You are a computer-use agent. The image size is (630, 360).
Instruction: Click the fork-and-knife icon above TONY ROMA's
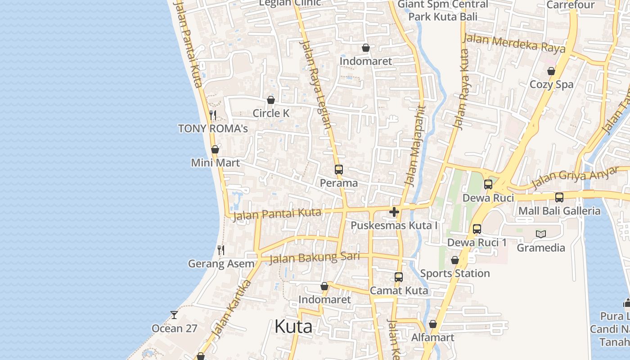[x=213, y=115]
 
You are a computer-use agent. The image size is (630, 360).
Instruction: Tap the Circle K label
[x=271, y=113]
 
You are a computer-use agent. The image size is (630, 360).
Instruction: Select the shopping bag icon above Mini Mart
[x=215, y=149]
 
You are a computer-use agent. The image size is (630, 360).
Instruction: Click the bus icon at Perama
[x=339, y=170]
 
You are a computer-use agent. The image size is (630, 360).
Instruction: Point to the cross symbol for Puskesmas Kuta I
[x=394, y=212]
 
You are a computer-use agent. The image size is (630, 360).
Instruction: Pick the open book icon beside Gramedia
[x=541, y=234]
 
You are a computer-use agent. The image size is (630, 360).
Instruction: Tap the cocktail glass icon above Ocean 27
[x=174, y=315]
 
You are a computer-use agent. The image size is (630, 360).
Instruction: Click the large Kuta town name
[x=293, y=327]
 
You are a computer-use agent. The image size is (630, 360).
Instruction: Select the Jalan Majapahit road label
[x=414, y=146]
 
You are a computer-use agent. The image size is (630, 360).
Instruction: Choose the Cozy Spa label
[x=551, y=85]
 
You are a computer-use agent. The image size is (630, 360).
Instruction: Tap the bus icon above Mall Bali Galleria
[x=559, y=197]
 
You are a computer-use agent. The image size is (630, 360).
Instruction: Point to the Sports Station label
[x=454, y=274]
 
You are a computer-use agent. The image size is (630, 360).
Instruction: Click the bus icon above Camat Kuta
[x=399, y=277]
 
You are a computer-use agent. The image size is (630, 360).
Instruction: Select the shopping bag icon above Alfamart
[x=433, y=324]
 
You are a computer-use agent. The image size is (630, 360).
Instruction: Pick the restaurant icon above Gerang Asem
[x=221, y=250]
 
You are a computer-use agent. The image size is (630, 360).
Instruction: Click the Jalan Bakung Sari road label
[x=315, y=257]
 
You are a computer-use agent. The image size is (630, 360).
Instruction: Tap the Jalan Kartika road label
[x=231, y=309]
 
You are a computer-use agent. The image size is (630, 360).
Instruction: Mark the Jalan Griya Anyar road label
[x=575, y=178]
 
